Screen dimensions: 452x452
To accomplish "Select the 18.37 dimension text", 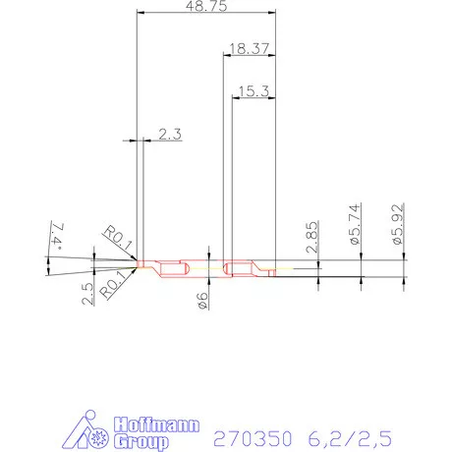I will pyautogui.click(x=249, y=47).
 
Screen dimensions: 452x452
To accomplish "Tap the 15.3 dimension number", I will pyautogui.click(x=252, y=90).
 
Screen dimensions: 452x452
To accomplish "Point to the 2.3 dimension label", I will pyautogui.click(x=169, y=135).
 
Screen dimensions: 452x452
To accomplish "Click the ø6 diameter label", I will pyautogui.click(x=202, y=302).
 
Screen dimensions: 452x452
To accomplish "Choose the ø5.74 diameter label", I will pyautogui.click(x=356, y=225).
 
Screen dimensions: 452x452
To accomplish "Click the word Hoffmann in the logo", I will pyautogui.click(x=158, y=425).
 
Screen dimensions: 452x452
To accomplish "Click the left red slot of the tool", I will pyautogui.click(x=174, y=268).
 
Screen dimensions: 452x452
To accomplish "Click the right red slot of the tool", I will pyautogui.click(x=239, y=268).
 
